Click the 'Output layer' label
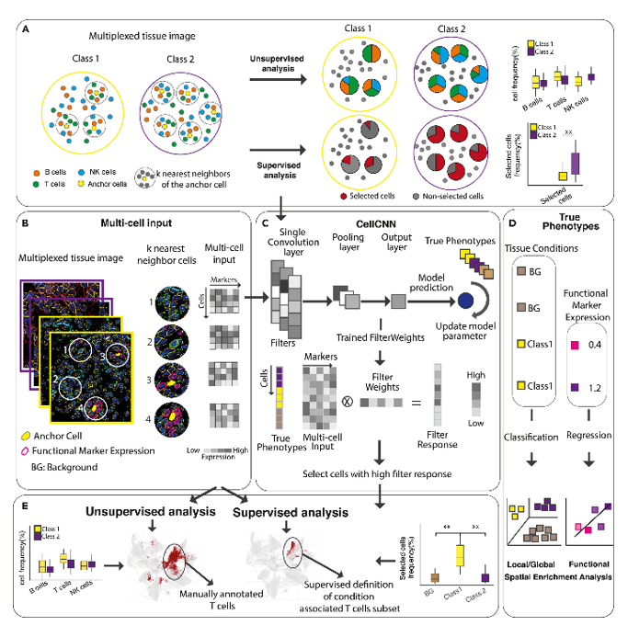tap(397, 265)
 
